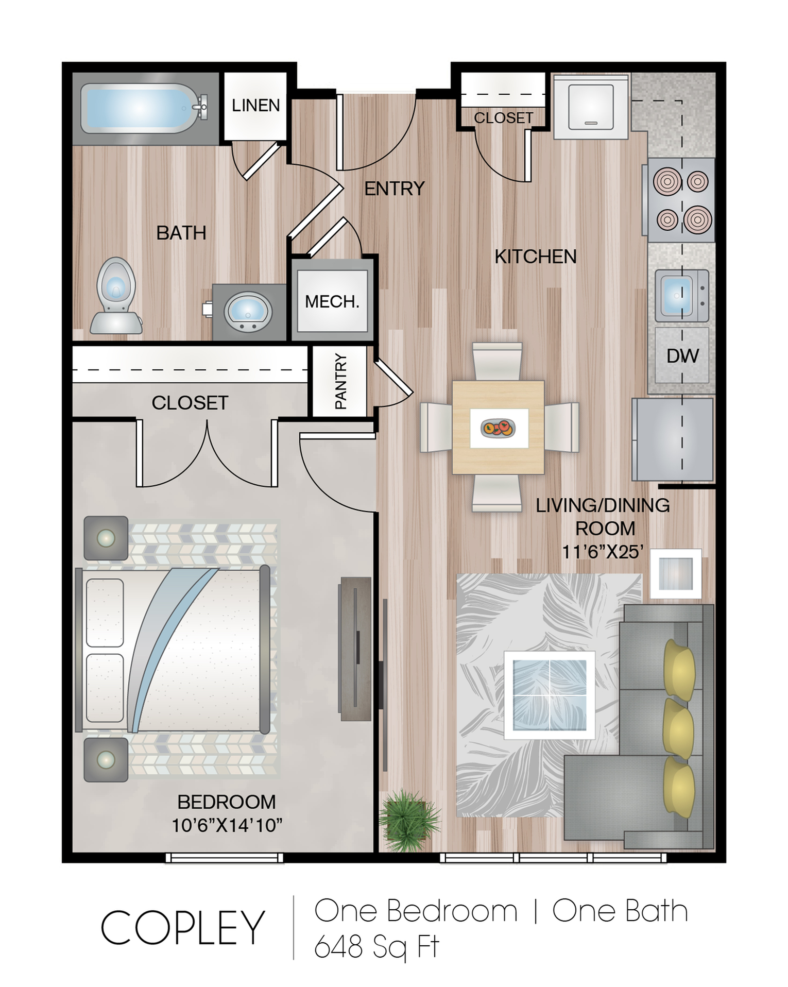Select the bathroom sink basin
[249, 312]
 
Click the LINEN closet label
[255, 105]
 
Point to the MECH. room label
[332, 301]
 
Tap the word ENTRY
[395, 189]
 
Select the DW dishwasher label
[682, 355]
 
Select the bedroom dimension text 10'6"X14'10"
[227, 825]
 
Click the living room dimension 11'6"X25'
[603, 552]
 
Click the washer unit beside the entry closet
[591, 107]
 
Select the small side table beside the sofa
[676, 573]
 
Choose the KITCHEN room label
[536, 257]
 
